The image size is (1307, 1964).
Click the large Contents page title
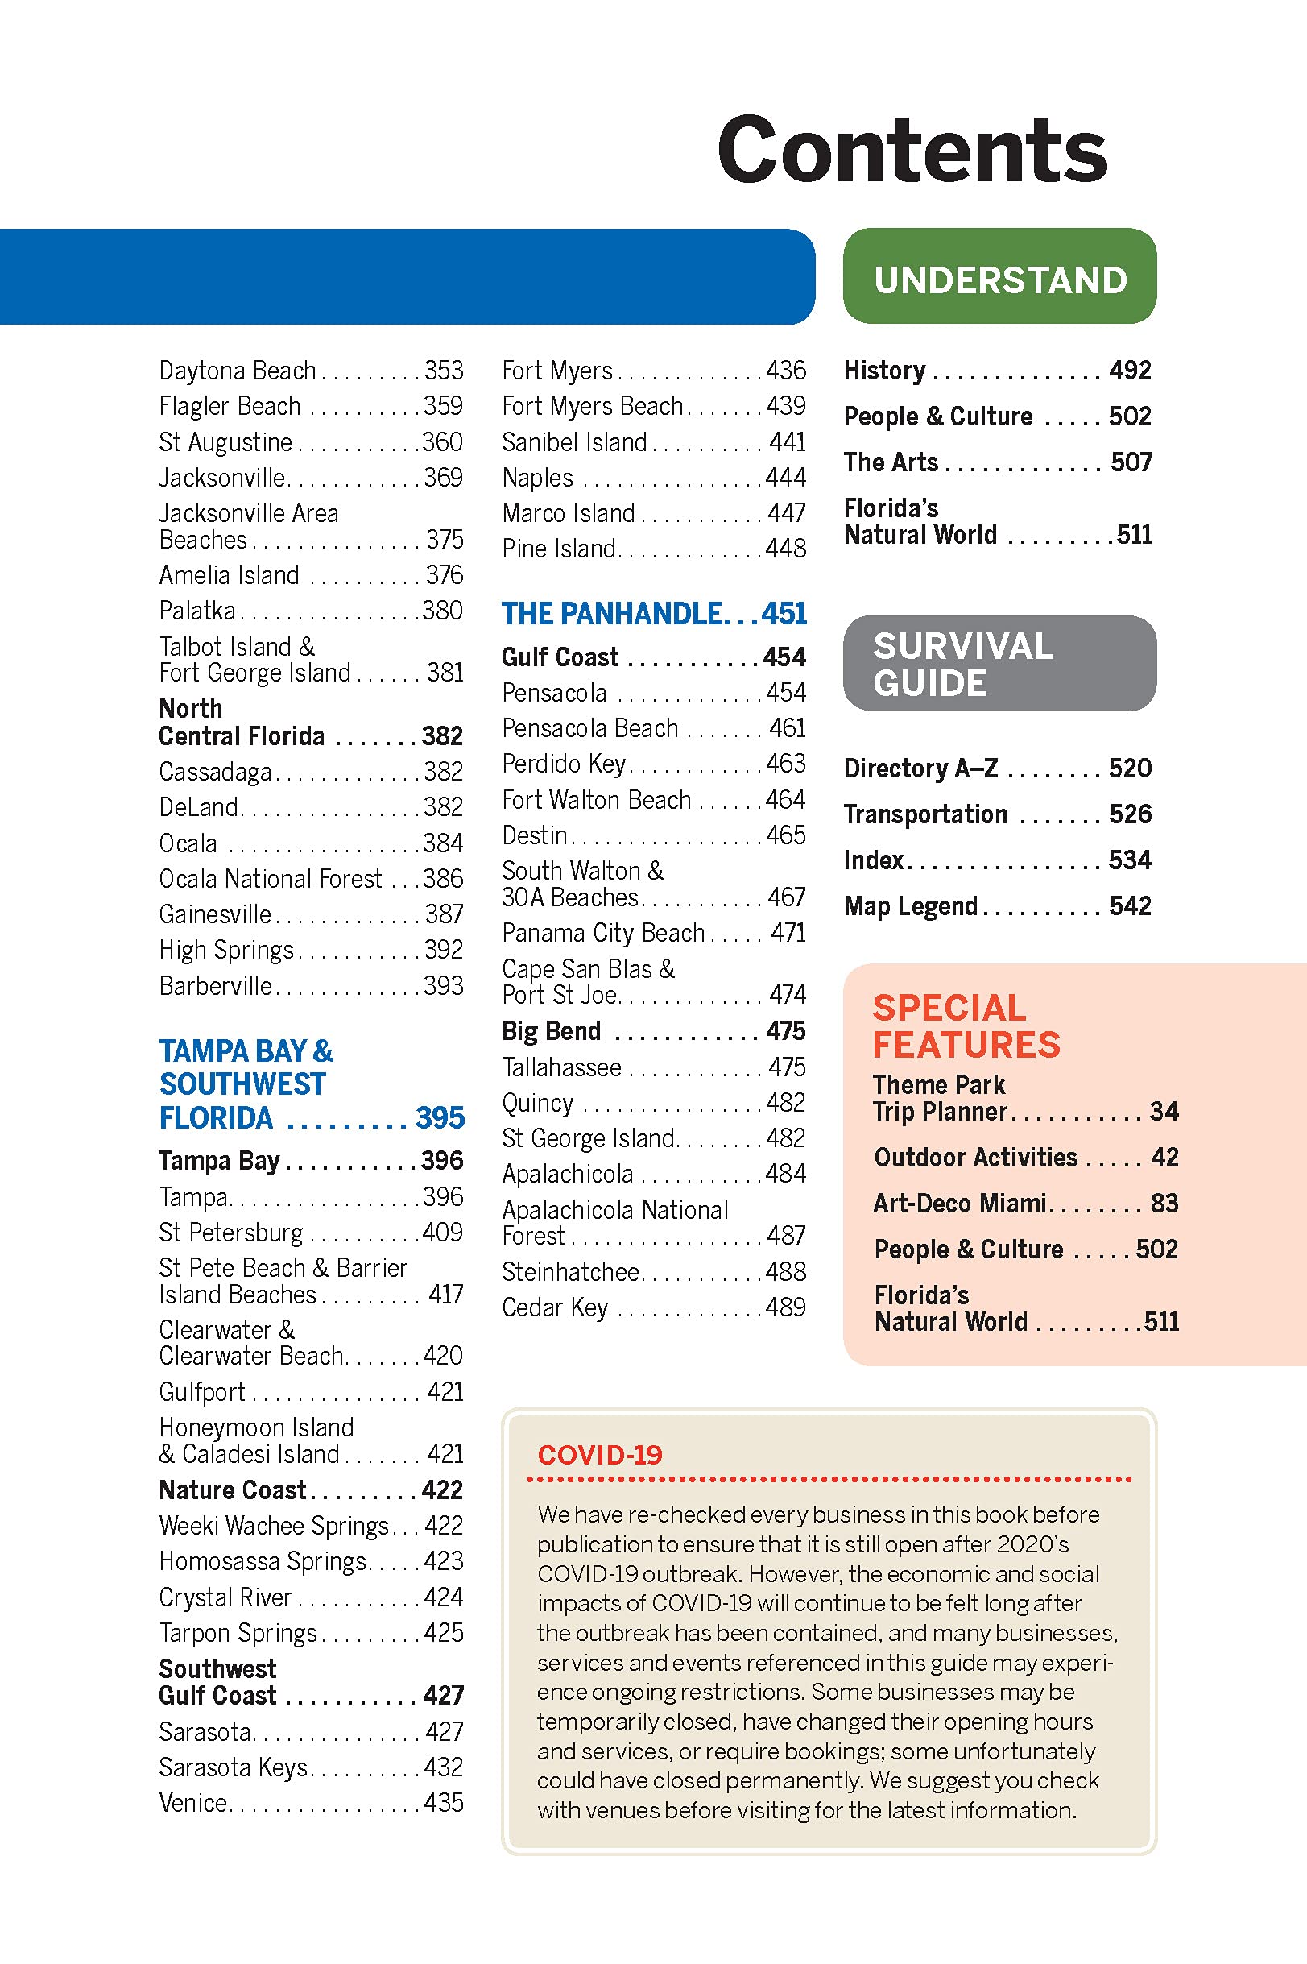click(912, 150)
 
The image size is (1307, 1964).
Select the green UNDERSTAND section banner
click(999, 279)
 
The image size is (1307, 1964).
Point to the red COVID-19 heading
click(599, 1456)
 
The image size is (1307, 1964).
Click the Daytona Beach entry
click(238, 370)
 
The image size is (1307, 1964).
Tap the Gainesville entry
click(215, 914)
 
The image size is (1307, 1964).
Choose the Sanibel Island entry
click(574, 441)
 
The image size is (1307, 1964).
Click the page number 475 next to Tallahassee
click(786, 1067)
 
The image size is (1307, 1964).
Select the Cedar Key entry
click(555, 1307)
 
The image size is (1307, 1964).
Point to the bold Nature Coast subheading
click(233, 1490)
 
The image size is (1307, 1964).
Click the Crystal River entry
click(225, 1597)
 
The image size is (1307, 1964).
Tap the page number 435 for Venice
click(443, 1802)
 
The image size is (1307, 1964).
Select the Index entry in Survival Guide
click(874, 860)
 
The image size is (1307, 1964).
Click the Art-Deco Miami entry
click(959, 1203)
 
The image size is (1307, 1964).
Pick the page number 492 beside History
click(1130, 370)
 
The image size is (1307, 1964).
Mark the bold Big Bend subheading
click(551, 1031)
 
